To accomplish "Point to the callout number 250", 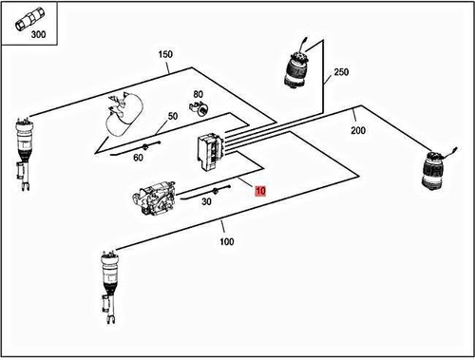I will [x=343, y=71].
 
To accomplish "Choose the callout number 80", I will [x=199, y=95].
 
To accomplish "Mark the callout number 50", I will [x=173, y=117].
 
